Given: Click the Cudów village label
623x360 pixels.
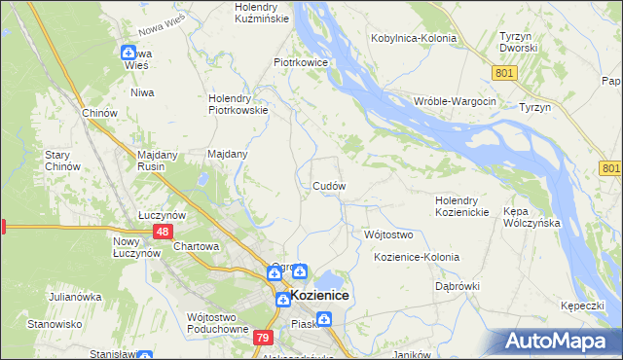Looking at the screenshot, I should [x=329, y=185].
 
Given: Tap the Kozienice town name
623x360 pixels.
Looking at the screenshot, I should [x=319, y=295].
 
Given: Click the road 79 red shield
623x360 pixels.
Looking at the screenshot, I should [x=262, y=338].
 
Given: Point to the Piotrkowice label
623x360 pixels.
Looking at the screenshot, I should [x=300, y=61].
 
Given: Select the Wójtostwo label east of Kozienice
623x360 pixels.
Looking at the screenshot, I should [x=388, y=234].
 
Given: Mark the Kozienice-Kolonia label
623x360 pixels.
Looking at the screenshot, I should [x=416, y=257].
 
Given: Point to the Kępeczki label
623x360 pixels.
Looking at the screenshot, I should [x=583, y=305].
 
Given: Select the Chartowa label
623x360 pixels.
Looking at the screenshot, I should [x=196, y=246].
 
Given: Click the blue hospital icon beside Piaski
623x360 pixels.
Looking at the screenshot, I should [x=323, y=318].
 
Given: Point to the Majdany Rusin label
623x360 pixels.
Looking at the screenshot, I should [x=141, y=160].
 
